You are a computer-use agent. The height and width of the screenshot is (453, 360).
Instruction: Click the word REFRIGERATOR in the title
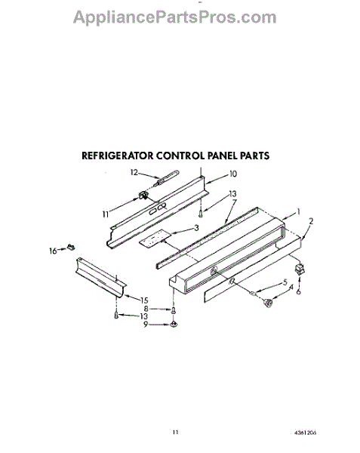coord(118,156)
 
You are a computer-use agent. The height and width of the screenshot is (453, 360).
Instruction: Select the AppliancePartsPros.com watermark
coord(174,17)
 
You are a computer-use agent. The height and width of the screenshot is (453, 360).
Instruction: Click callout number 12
coord(134,172)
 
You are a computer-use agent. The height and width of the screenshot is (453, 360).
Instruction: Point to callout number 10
coord(233,174)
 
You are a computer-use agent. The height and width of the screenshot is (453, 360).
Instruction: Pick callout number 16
coord(53,251)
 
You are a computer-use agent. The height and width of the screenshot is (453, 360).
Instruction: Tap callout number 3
coord(196,228)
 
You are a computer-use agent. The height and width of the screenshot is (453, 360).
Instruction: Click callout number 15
coord(144,300)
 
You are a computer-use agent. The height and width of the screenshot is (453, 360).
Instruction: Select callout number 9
coord(146,325)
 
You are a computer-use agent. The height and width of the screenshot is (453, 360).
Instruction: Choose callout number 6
coord(298,291)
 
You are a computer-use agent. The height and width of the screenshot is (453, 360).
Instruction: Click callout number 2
coord(311,221)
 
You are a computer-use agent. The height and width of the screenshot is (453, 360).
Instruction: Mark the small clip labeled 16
coord(71,247)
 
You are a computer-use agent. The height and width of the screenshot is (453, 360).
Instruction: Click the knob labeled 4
coord(268,303)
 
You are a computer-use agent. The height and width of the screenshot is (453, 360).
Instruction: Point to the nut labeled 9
coord(174,325)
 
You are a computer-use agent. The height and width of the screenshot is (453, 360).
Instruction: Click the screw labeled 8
coord(174,310)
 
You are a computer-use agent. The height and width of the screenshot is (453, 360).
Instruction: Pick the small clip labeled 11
coord(143,196)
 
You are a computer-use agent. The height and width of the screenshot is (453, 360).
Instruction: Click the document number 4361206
coord(305,433)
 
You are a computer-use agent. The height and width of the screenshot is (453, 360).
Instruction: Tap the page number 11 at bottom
coord(176,433)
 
